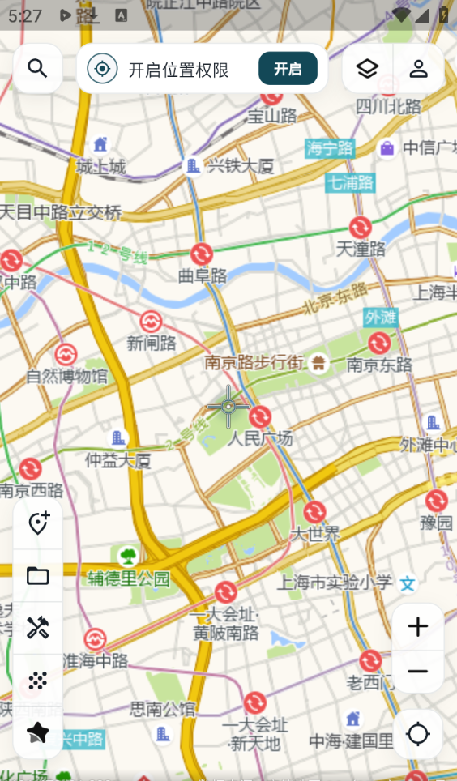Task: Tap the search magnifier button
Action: (x=37, y=68)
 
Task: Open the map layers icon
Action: (x=367, y=68)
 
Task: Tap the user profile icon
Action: (x=418, y=68)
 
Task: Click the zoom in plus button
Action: (x=417, y=626)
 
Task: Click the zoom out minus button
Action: (x=417, y=672)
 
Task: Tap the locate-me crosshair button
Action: (x=417, y=734)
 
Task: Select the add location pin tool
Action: (x=38, y=523)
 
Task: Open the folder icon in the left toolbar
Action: (x=38, y=576)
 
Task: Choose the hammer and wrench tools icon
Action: (x=38, y=628)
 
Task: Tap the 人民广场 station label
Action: (x=259, y=439)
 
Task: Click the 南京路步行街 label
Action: (x=254, y=362)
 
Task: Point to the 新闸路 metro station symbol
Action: (x=151, y=322)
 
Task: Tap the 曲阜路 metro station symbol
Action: (x=202, y=254)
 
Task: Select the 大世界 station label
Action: (x=314, y=533)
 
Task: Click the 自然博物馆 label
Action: (x=66, y=376)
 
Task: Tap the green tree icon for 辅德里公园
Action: (x=127, y=557)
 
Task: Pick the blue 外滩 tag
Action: (x=380, y=316)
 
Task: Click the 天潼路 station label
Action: (x=361, y=249)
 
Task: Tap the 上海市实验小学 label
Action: (x=335, y=582)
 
